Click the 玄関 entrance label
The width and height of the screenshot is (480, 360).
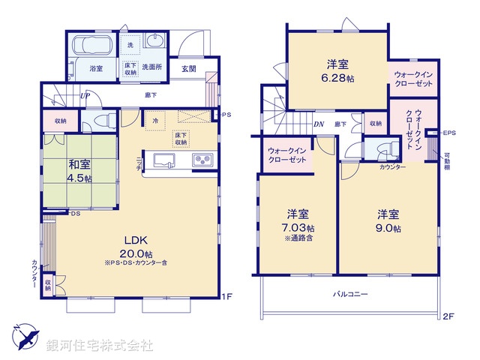click(x=188, y=68)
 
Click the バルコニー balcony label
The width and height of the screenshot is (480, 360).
click(x=350, y=295)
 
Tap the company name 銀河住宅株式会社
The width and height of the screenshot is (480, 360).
click(x=100, y=346)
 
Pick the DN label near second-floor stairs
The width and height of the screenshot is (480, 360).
click(x=318, y=124)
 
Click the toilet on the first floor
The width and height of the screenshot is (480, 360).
click(x=109, y=119)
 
